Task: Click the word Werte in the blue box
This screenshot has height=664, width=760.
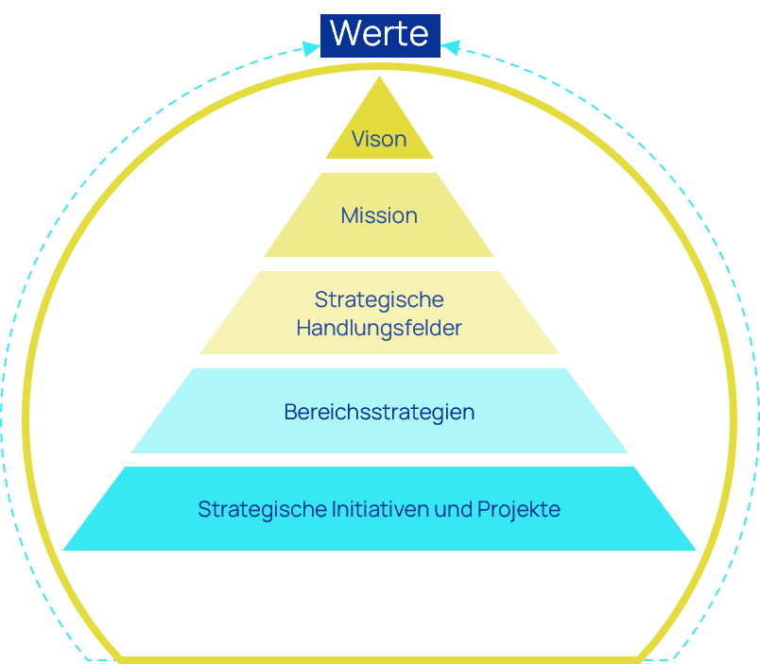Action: pyautogui.click(x=380, y=35)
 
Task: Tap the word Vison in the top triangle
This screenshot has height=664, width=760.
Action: pyautogui.click(x=379, y=140)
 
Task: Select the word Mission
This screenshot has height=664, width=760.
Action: pyautogui.click(x=379, y=215)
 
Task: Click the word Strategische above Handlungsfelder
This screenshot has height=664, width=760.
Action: pyautogui.click(x=379, y=300)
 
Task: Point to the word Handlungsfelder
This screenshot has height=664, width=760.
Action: pyautogui.click(x=379, y=329)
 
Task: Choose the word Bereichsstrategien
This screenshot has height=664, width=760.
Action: pyautogui.click(x=379, y=413)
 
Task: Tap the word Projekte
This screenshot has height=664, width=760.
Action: pyautogui.click(x=519, y=509)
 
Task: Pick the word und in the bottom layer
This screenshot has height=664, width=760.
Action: pyautogui.click(x=453, y=509)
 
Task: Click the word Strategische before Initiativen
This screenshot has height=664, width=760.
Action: pyautogui.click(x=262, y=509)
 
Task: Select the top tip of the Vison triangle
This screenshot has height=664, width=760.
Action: pyautogui.click(x=380, y=77)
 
